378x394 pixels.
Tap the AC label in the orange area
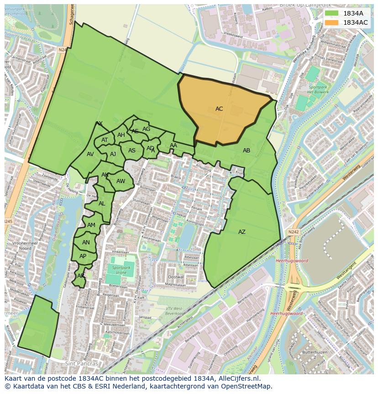(x=219, y=109)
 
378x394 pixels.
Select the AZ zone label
(x=242, y=232)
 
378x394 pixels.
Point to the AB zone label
(x=247, y=151)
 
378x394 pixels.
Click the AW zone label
(x=121, y=181)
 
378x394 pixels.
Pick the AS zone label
(x=132, y=151)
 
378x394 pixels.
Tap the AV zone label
(x=90, y=154)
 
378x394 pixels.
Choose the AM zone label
(x=91, y=225)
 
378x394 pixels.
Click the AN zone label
(x=86, y=243)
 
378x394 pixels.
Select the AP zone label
(x=83, y=256)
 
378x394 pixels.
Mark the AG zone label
(x=146, y=129)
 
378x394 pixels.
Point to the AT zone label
(x=105, y=140)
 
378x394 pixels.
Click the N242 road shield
(x=293, y=232)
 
